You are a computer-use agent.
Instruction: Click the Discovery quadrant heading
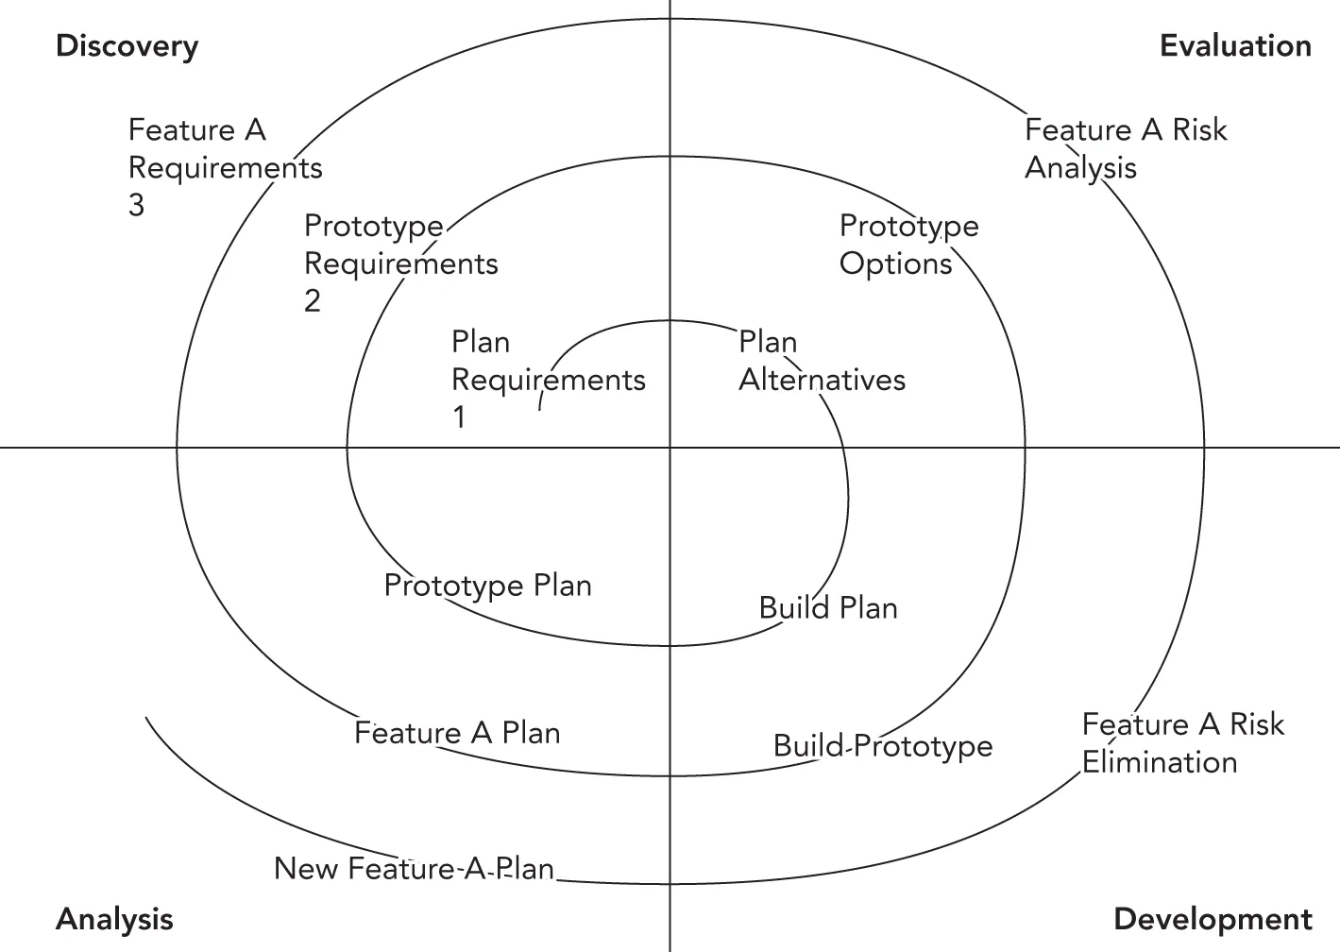pyautogui.click(x=127, y=46)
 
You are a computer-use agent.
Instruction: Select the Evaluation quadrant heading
pyautogui.click(x=1234, y=46)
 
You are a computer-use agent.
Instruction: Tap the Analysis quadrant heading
pyautogui.click(x=114, y=919)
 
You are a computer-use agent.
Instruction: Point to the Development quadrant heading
pyautogui.click(x=1213, y=919)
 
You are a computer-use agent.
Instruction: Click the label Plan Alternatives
pyautogui.click(x=821, y=361)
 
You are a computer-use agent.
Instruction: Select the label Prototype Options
pyautogui.click(x=907, y=245)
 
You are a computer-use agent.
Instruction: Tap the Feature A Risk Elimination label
pyautogui.click(x=1182, y=743)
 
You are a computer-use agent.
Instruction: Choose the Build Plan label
pyautogui.click(x=828, y=607)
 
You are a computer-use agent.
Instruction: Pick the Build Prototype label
pyautogui.click(x=882, y=746)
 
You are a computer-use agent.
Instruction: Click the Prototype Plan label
pyautogui.click(x=487, y=586)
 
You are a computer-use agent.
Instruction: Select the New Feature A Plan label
pyautogui.click(x=414, y=869)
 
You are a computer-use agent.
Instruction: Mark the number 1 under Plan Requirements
pyautogui.click(x=459, y=417)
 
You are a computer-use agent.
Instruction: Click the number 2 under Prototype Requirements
pyautogui.click(x=312, y=301)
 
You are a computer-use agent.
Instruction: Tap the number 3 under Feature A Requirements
pyautogui.click(x=136, y=205)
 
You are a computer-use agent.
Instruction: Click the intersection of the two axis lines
pyautogui.click(x=670, y=447)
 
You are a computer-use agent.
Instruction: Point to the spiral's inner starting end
pyautogui.click(x=539, y=409)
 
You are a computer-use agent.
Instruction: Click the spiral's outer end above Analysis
pyautogui.click(x=146, y=718)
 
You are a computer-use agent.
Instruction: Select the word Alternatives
pyautogui.click(x=821, y=380)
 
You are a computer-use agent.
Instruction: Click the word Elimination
pyautogui.click(x=1159, y=762)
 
